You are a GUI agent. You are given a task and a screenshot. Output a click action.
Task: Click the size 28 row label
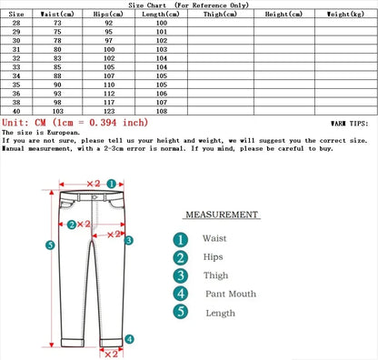tap(16, 24)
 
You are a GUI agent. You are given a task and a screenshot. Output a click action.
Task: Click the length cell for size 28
tap(162, 24)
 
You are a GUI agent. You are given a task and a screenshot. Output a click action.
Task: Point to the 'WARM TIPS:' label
tap(349, 122)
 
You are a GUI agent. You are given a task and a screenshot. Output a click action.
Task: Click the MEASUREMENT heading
tap(222, 215)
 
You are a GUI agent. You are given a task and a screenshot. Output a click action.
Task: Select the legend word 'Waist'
tap(214, 238)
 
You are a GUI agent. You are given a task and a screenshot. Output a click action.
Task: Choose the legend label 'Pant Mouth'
tap(230, 294)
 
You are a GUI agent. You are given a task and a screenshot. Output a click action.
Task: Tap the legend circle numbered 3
tap(181, 275)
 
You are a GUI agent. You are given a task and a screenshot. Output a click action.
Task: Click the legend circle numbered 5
tap(181, 313)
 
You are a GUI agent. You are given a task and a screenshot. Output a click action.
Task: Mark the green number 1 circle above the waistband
tap(110, 182)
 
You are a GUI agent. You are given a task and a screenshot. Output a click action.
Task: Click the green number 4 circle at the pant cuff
tap(129, 339)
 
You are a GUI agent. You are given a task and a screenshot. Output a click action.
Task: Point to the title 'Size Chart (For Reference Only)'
tap(188, 5)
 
